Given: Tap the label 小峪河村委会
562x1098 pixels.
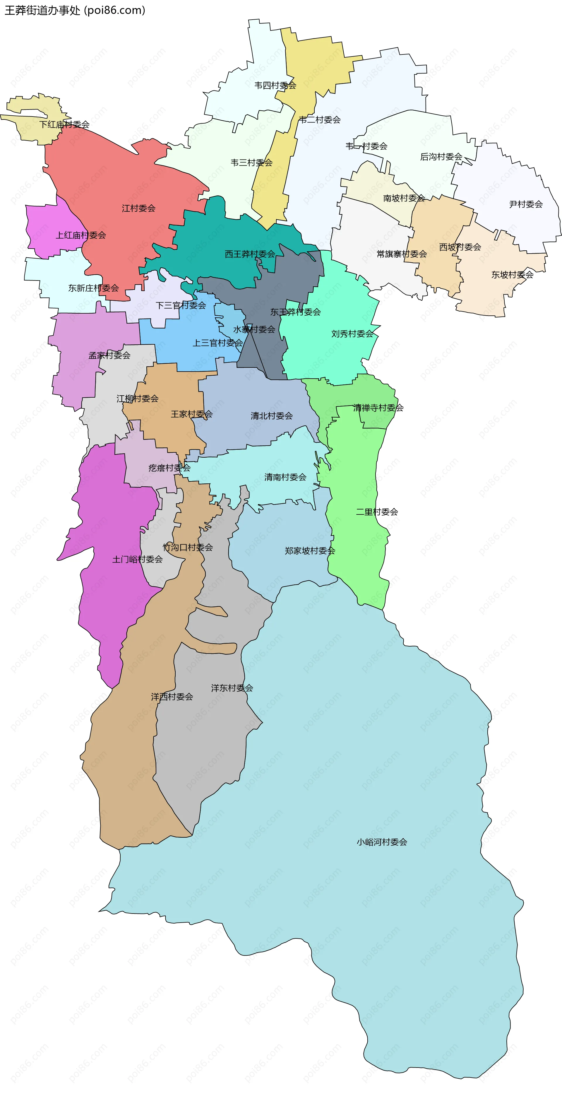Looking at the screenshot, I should pos(382,842).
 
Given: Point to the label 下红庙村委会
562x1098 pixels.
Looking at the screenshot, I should pos(64,124).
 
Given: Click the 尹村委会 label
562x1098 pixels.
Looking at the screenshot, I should pos(526,204).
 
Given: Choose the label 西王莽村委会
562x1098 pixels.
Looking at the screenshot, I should pos(250,254).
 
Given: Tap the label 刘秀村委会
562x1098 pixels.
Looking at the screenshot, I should pos(352,334).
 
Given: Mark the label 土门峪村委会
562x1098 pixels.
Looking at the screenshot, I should pos(137,559).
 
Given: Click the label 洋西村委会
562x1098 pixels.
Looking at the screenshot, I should pos(172,697).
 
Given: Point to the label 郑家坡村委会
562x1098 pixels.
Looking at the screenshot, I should pos(310,551).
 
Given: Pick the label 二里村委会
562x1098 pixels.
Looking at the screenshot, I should pos(377,512).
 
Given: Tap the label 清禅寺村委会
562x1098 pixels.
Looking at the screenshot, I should pos(378,408).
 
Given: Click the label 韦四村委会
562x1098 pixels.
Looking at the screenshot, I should pos(275,85).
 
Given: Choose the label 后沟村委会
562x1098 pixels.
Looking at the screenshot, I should pos(441,157).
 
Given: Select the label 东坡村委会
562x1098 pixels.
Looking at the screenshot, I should pos(512,275).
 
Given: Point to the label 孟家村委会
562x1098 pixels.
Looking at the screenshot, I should pos(109,355).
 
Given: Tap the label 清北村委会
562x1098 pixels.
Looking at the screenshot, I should pos(271,415).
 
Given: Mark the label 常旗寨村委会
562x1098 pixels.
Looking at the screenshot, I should pos(401,254).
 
